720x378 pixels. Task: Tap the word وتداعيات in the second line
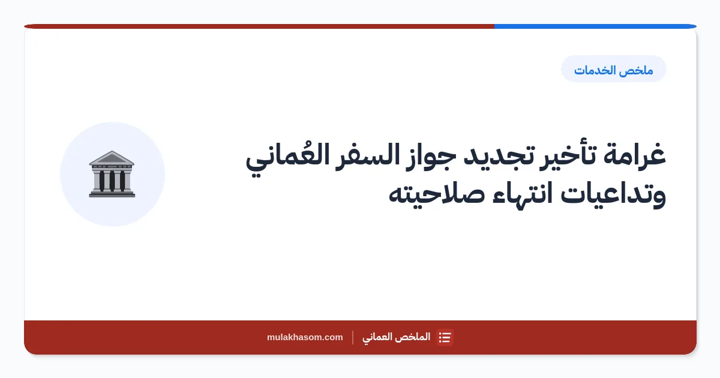pyautogui.click(x=613, y=195)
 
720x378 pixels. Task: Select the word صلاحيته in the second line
pyautogui.click(x=437, y=195)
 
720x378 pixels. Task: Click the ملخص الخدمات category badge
pyautogui.click(x=614, y=69)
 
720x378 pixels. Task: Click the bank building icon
pyautogui.click(x=112, y=174)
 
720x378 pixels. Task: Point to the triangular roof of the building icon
pyautogui.click(x=112, y=158)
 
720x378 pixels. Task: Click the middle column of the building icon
pyautogui.click(x=112, y=181)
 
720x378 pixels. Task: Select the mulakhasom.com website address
pyautogui.click(x=305, y=337)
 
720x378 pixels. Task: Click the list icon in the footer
pyautogui.click(x=445, y=337)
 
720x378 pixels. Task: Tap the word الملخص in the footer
pyautogui.click(x=412, y=337)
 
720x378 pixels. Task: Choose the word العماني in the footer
pyautogui.click(x=377, y=337)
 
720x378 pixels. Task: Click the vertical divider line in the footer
pyautogui.click(x=353, y=337)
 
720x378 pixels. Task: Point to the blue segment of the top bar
pyautogui.click(x=595, y=26)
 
